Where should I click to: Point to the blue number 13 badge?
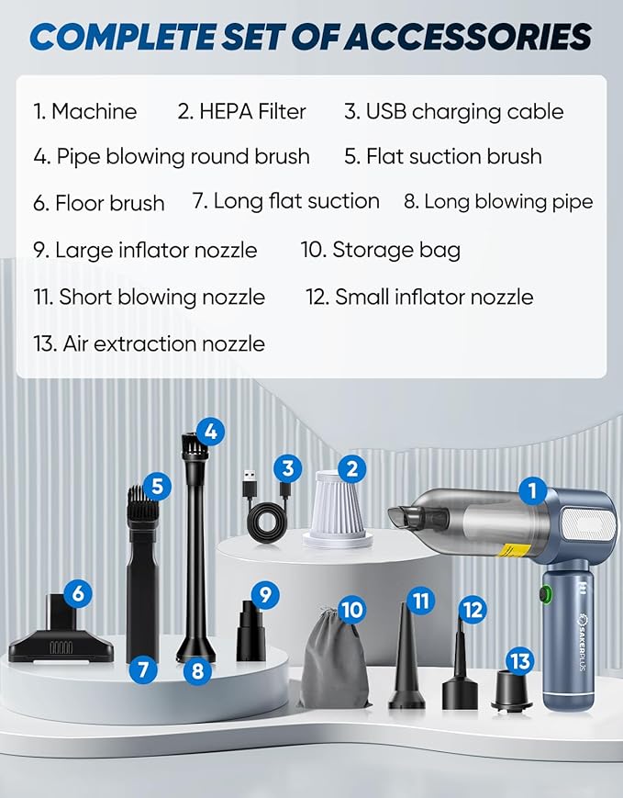point(521,660)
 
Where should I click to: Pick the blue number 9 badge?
point(265,594)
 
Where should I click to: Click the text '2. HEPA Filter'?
point(241,112)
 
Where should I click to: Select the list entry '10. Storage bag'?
point(381,249)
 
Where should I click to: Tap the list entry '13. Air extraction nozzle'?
point(149,344)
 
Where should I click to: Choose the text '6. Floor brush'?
point(99,203)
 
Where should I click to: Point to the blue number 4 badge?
point(211,430)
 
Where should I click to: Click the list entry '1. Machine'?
point(84,112)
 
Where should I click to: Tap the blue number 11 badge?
point(421,601)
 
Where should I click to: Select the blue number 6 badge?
point(78,593)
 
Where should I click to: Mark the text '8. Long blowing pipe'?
point(498,201)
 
